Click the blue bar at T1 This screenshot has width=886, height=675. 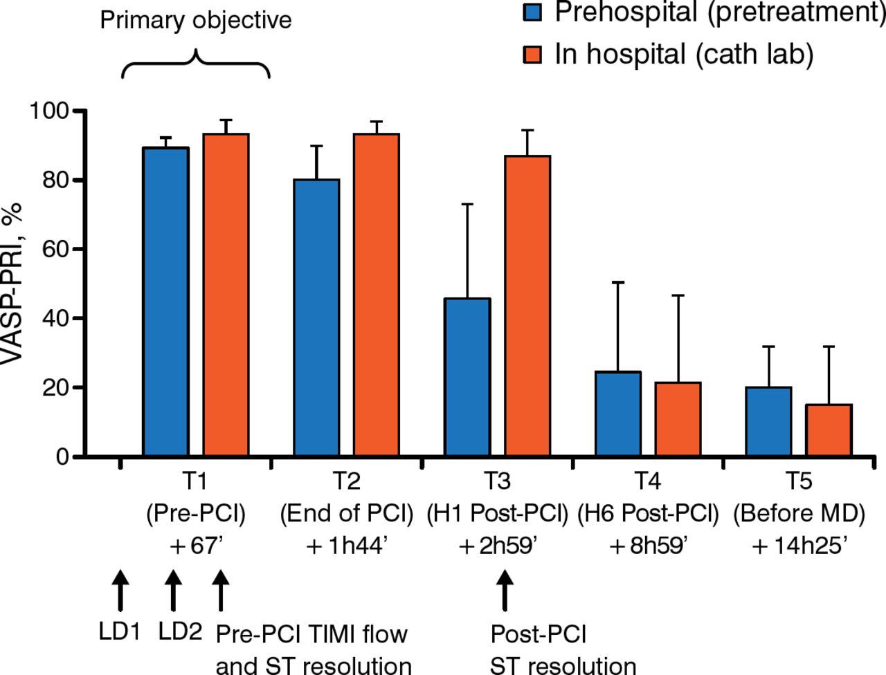(x=165, y=302)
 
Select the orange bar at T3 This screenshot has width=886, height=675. (x=527, y=306)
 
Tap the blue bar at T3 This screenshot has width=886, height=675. (x=467, y=378)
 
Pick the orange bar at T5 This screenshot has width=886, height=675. (x=829, y=430)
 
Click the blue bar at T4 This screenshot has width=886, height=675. (x=618, y=414)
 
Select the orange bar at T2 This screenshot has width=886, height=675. (x=377, y=295)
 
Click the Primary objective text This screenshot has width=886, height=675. (x=196, y=20)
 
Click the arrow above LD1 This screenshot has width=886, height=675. (x=120, y=591)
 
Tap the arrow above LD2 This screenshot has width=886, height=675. (x=173, y=591)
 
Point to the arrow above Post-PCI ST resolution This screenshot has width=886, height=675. (x=505, y=591)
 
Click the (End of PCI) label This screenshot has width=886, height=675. (x=346, y=514)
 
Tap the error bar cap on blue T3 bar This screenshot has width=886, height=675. (x=467, y=205)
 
